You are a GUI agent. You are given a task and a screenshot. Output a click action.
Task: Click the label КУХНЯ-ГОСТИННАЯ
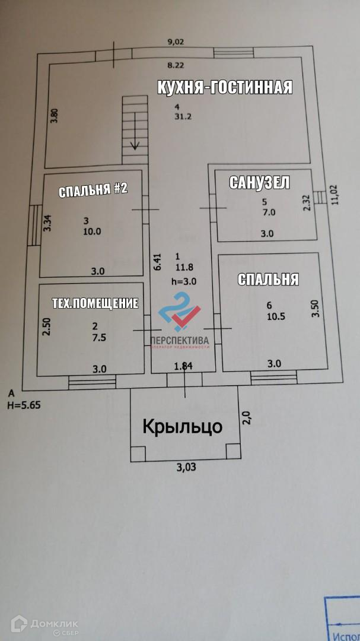tap(225, 87)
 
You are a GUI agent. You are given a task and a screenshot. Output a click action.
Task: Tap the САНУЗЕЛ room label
tap(259, 183)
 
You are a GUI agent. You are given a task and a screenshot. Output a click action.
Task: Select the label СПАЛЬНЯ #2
tap(93, 191)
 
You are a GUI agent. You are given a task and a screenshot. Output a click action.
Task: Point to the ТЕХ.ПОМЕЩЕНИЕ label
tap(95, 303)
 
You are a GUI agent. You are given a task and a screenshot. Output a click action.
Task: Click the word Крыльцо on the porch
tap(183, 426)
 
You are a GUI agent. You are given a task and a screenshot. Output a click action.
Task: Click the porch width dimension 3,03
tap(186, 467)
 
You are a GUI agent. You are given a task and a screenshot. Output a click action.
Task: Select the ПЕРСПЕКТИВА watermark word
tap(180, 339)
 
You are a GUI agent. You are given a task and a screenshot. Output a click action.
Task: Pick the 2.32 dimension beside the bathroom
tap(307, 203)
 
